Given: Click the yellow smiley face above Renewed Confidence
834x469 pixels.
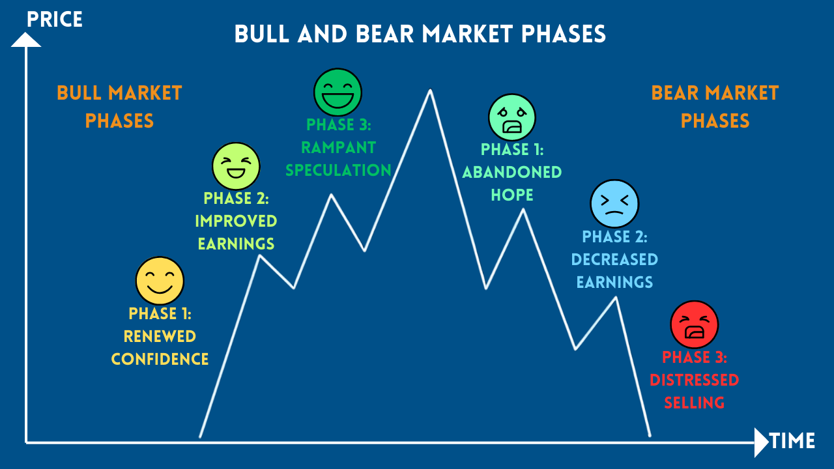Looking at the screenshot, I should pyautogui.click(x=160, y=281).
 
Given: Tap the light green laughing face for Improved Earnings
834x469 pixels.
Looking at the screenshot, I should pyautogui.click(x=236, y=166).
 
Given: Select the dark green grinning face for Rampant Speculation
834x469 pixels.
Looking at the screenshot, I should pyautogui.click(x=338, y=92).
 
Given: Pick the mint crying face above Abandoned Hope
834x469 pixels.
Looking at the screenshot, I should pyautogui.click(x=512, y=118).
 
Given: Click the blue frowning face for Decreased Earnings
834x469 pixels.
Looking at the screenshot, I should pyautogui.click(x=614, y=204).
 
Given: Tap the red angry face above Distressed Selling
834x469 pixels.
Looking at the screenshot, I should pyautogui.click(x=695, y=324).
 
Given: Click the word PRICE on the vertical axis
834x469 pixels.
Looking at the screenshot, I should pyautogui.click(x=55, y=20).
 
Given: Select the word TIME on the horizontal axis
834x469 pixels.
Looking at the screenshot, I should pyautogui.click(x=792, y=441).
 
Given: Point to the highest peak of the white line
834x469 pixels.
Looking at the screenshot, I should pyautogui.click(x=430, y=91).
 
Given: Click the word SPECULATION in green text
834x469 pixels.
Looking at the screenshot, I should pyautogui.click(x=339, y=171).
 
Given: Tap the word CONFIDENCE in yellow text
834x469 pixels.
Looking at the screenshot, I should pyautogui.click(x=160, y=359).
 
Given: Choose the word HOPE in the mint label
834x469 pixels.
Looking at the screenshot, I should pyautogui.click(x=512, y=195).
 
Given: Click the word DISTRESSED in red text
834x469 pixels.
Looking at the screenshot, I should pyautogui.click(x=695, y=380).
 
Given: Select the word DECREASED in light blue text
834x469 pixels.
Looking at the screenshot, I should pyautogui.click(x=614, y=259).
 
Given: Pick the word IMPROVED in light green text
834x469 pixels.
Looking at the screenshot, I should pyautogui.click(x=236, y=221).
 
